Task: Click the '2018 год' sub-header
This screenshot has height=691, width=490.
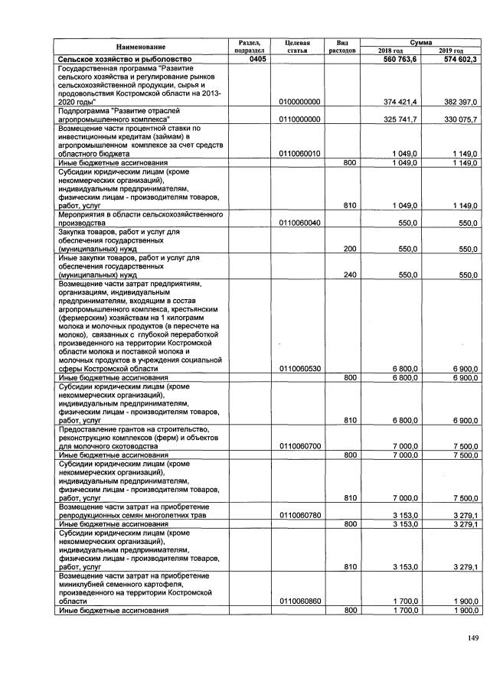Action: (390, 51)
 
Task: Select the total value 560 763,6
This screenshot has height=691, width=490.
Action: (398, 59)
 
